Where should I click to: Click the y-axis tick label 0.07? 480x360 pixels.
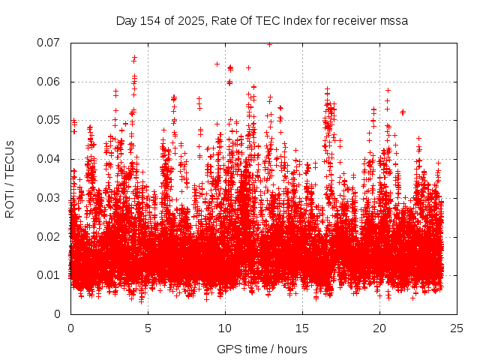click(49, 43)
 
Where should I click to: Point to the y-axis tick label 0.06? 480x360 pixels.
click(49, 82)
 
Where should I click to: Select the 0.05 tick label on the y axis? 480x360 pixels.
click(49, 120)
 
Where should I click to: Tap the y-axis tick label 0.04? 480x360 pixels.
click(49, 159)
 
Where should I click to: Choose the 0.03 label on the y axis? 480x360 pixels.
click(49, 198)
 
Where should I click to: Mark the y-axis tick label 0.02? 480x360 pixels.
click(49, 236)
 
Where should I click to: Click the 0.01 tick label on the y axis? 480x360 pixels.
click(49, 275)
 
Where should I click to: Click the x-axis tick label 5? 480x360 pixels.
click(148, 328)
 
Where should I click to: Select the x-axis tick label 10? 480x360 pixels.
click(225, 328)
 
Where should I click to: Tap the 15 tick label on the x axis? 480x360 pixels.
click(302, 328)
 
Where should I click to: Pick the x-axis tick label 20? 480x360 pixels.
click(379, 328)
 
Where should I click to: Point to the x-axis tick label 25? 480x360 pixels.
click(457, 328)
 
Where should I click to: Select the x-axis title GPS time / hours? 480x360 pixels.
click(262, 349)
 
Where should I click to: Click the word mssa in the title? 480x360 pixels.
click(394, 20)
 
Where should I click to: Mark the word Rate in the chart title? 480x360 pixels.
click(221, 20)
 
